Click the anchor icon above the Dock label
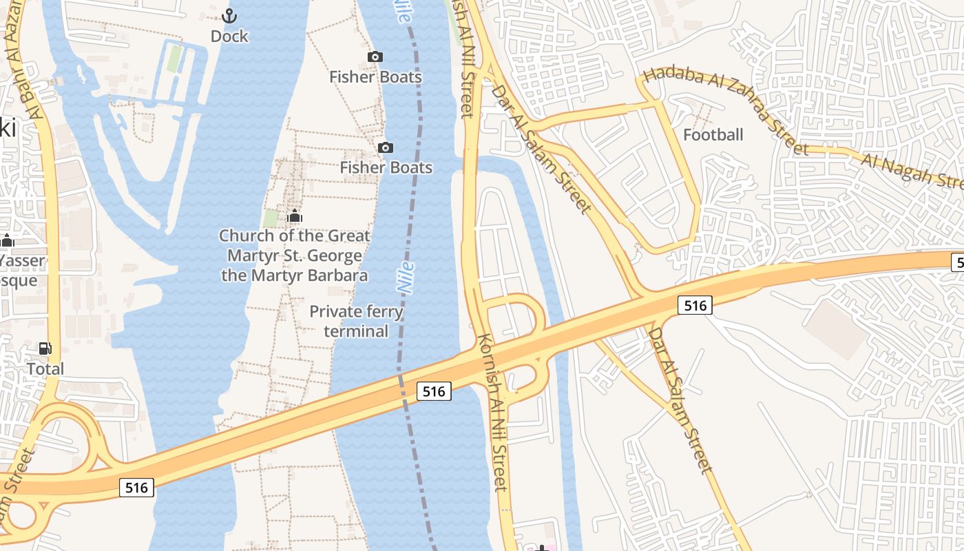pyautogui.click(x=229, y=15)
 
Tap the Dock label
pyautogui.click(x=229, y=37)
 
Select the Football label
pyautogui.click(x=713, y=135)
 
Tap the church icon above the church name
pyautogui.click(x=295, y=216)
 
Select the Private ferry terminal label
pyautogui.click(x=356, y=321)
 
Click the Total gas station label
pyautogui.click(x=45, y=369)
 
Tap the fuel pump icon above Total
pyautogui.click(x=45, y=349)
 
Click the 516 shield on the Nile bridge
pyautogui.click(x=434, y=391)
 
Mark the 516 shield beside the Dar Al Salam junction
pyautogui.click(x=694, y=305)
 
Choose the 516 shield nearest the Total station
pyautogui.click(x=136, y=488)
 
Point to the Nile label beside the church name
pyautogui.click(x=406, y=278)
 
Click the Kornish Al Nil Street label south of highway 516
pyautogui.click(x=494, y=413)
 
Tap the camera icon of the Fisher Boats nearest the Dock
pyautogui.click(x=375, y=56)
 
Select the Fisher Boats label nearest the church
pyautogui.click(x=386, y=167)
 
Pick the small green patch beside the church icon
pyautogui.click(x=271, y=218)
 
